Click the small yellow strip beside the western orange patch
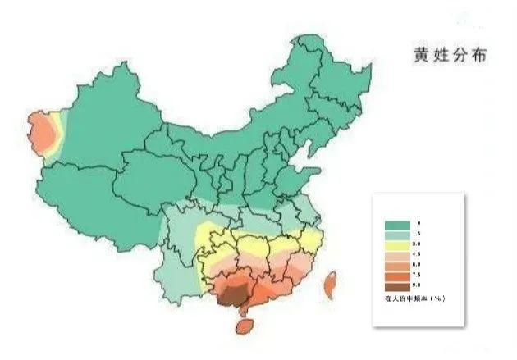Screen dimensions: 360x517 [57, 130]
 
